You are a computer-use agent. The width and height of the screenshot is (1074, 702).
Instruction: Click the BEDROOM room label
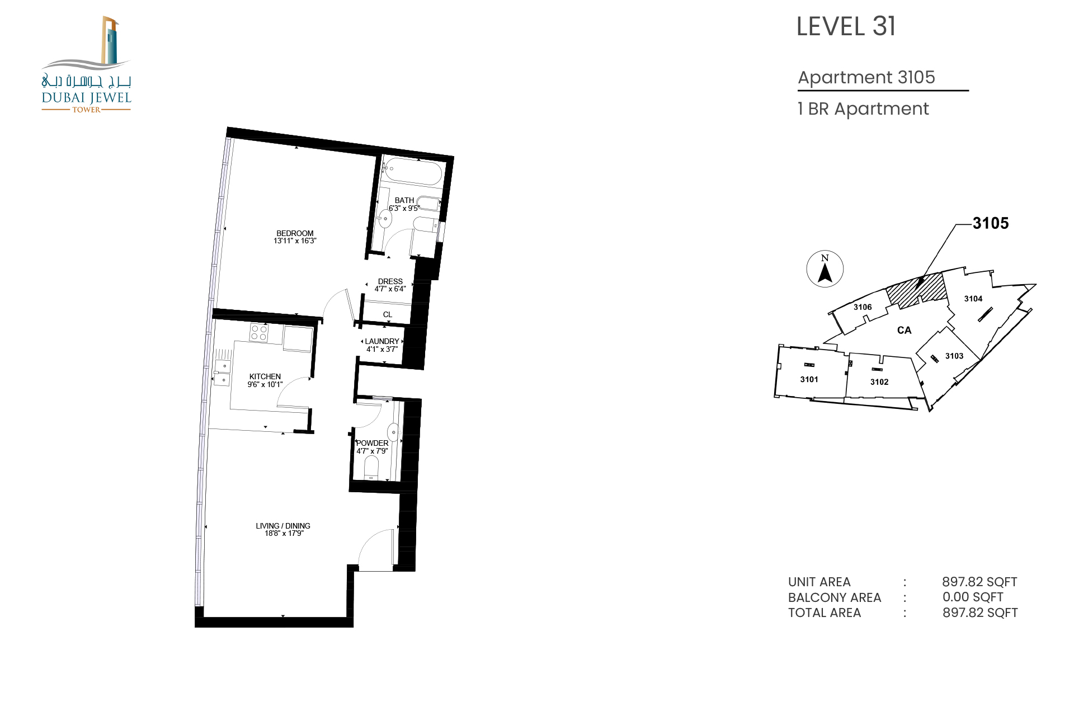tap(295, 233)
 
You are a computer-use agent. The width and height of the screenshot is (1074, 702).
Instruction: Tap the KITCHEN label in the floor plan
tap(265, 376)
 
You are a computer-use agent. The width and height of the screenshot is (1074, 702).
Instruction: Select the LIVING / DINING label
tap(283, 526)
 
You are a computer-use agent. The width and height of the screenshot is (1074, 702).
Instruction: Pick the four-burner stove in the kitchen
tap(259, 333)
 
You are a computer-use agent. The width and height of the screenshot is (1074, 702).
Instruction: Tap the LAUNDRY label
tap(382, 341)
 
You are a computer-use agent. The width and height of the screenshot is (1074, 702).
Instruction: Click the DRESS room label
tap(390, 281)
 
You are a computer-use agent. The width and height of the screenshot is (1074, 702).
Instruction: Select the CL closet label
tap(388, 314)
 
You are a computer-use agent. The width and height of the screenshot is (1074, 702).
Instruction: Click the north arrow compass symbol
tap(825, 269)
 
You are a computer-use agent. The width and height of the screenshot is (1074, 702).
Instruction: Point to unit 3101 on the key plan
tap(809, 379)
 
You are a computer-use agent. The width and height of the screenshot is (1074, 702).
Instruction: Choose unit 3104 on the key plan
tap(973, 299)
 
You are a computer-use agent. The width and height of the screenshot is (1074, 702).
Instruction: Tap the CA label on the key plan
tap(905, 330)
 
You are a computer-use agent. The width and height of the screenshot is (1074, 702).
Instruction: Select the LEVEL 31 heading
tap(846, 26)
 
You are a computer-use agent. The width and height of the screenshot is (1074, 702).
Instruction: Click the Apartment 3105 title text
tap(866, 77)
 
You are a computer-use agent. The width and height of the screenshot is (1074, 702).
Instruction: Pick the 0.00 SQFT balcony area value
tap(973, 597)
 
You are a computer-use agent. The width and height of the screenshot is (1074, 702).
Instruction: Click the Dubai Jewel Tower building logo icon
tap(110, 40)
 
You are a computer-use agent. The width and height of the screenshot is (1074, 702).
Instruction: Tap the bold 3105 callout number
tap(991, 223)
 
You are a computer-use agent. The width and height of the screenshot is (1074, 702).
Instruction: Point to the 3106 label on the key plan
tap(863, 307)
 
